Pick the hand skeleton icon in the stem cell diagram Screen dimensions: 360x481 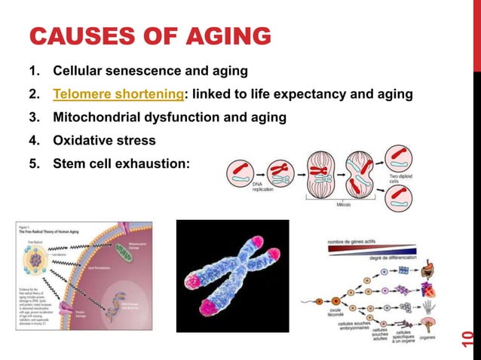(430, 305)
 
